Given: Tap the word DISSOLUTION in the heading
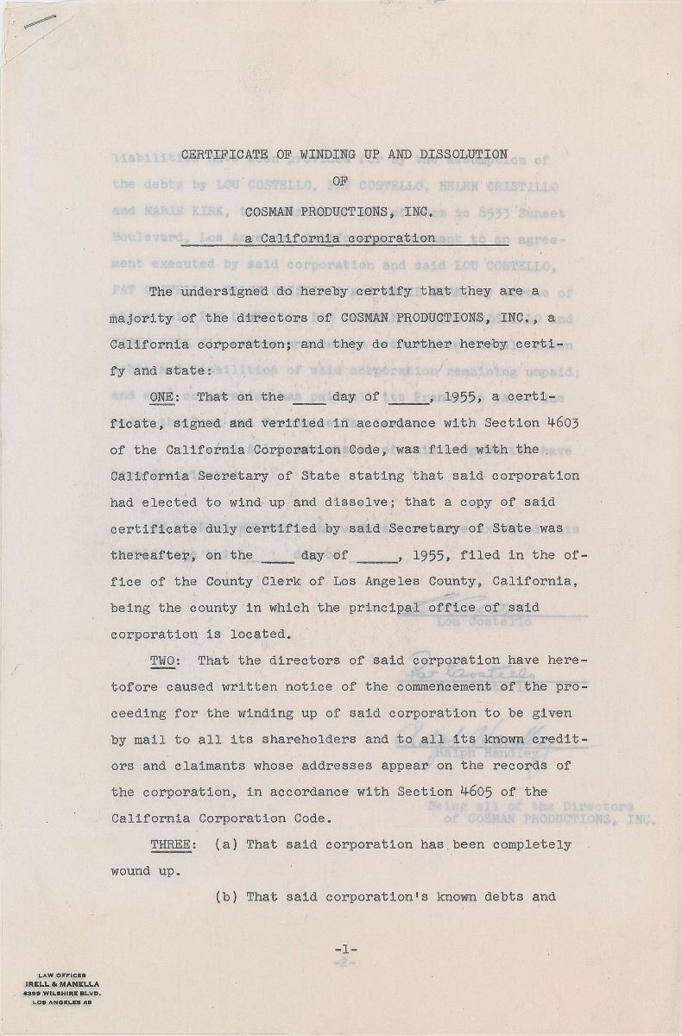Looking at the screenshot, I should (463, 155).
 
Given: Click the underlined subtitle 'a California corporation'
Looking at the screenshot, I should (339, 238).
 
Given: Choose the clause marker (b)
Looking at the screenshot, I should (226, 897).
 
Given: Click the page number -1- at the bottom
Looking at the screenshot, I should (345, 950).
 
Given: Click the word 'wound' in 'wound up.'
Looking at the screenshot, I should (130, 871).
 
